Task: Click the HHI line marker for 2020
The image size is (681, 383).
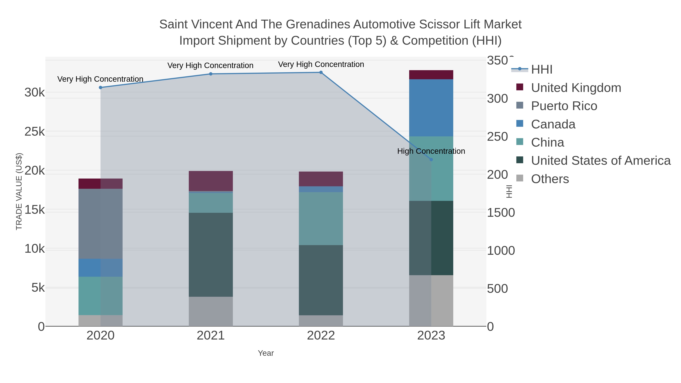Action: pos(100,88)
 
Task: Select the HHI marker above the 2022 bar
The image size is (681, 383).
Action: pos(321,72)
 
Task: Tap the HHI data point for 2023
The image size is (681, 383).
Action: pos(431,160)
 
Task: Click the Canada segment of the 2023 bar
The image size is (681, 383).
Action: pos(431,108)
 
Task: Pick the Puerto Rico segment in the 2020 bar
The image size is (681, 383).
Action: pos(100,224)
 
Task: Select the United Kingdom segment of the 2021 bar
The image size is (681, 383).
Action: pos(211,181)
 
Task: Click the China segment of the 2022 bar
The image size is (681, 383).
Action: pos(321,219)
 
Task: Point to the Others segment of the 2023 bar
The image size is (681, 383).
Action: pos(431,301)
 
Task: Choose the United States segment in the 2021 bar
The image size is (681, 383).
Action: pos(211,255)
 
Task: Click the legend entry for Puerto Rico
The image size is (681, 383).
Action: pos(564,106)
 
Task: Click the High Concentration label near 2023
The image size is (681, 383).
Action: pos(431,151)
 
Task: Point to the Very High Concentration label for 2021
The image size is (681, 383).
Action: pos(210,66)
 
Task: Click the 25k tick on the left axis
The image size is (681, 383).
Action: pos(35,132)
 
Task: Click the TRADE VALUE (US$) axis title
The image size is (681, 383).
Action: pos(19,191)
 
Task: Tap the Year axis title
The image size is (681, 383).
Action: pos(266,353)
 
